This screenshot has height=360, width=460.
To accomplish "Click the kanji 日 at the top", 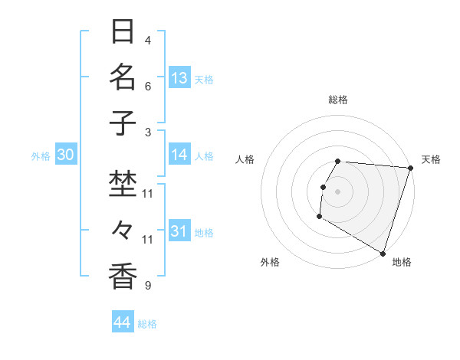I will click(x=123, y=32).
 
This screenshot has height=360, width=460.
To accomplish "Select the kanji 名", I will click(x=123, y=77).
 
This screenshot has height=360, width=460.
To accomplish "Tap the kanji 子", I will click(x=123, y=123).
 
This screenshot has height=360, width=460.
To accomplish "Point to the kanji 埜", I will click(x=123, y=185).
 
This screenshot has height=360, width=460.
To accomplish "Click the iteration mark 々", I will click(x=123, y=231).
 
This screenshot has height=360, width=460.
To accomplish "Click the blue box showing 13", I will click(x=179, y=77).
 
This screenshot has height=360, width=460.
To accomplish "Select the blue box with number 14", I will click(x=179, y=155).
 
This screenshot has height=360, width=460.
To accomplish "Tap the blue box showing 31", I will click(x=179, y=231).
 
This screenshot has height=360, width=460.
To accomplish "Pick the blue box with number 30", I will click(x=66, y=155).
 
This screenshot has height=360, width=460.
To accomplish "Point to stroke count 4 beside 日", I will click(x=148, y=41).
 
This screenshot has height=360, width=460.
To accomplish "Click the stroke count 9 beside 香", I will click(x=148, y=286).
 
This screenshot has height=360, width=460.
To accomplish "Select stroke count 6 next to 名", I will click(x=148, y=87).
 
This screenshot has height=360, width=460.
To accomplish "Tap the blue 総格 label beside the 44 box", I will click(x=147, y=324).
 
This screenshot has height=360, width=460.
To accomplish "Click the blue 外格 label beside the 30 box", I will click(x=41, y=156).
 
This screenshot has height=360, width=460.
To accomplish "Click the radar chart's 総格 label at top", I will click(x=338, y=100).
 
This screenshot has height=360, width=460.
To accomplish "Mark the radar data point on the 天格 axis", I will click(x=410, y=168).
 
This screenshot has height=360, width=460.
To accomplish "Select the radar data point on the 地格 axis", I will click(x=383, y=252).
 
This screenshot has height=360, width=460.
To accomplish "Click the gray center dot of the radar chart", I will click(x=338, y=191).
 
